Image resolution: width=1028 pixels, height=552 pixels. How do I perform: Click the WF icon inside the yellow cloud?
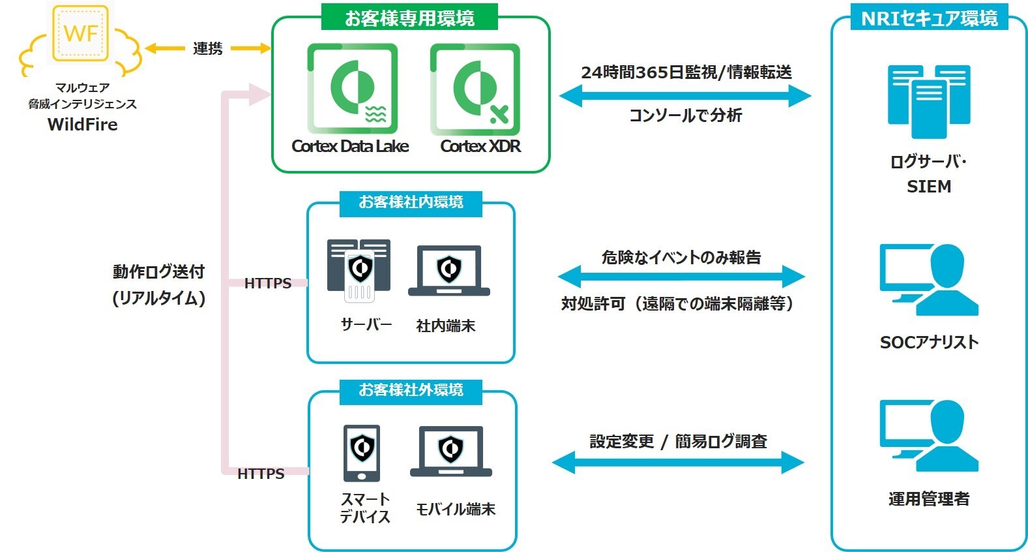point(80,33)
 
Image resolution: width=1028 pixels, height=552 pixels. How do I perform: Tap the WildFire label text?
point(83,125)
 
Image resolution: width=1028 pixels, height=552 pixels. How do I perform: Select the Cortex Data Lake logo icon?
point(352,89)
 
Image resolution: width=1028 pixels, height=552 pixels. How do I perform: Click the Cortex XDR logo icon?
point(475,89)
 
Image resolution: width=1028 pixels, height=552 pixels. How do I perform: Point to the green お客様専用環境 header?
point(409,18)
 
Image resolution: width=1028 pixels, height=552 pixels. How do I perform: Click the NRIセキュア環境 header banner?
point(929,18)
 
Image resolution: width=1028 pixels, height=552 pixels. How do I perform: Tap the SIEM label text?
point(929,187)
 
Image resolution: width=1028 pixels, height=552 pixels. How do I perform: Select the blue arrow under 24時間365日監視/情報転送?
point(684,96)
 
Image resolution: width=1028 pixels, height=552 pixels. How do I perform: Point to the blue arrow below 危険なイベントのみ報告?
point(682,277)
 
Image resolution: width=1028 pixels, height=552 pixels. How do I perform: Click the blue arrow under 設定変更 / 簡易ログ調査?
point(678,462)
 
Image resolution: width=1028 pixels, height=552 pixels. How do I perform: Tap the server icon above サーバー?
point(359,270)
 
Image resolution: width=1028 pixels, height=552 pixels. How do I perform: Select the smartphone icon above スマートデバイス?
point(362,453)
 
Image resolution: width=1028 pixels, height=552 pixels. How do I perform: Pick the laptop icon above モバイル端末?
point(451,452)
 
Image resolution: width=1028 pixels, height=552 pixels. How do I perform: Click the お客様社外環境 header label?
point(411,390)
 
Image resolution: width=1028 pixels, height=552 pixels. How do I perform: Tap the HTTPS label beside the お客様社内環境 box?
point(268,283)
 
